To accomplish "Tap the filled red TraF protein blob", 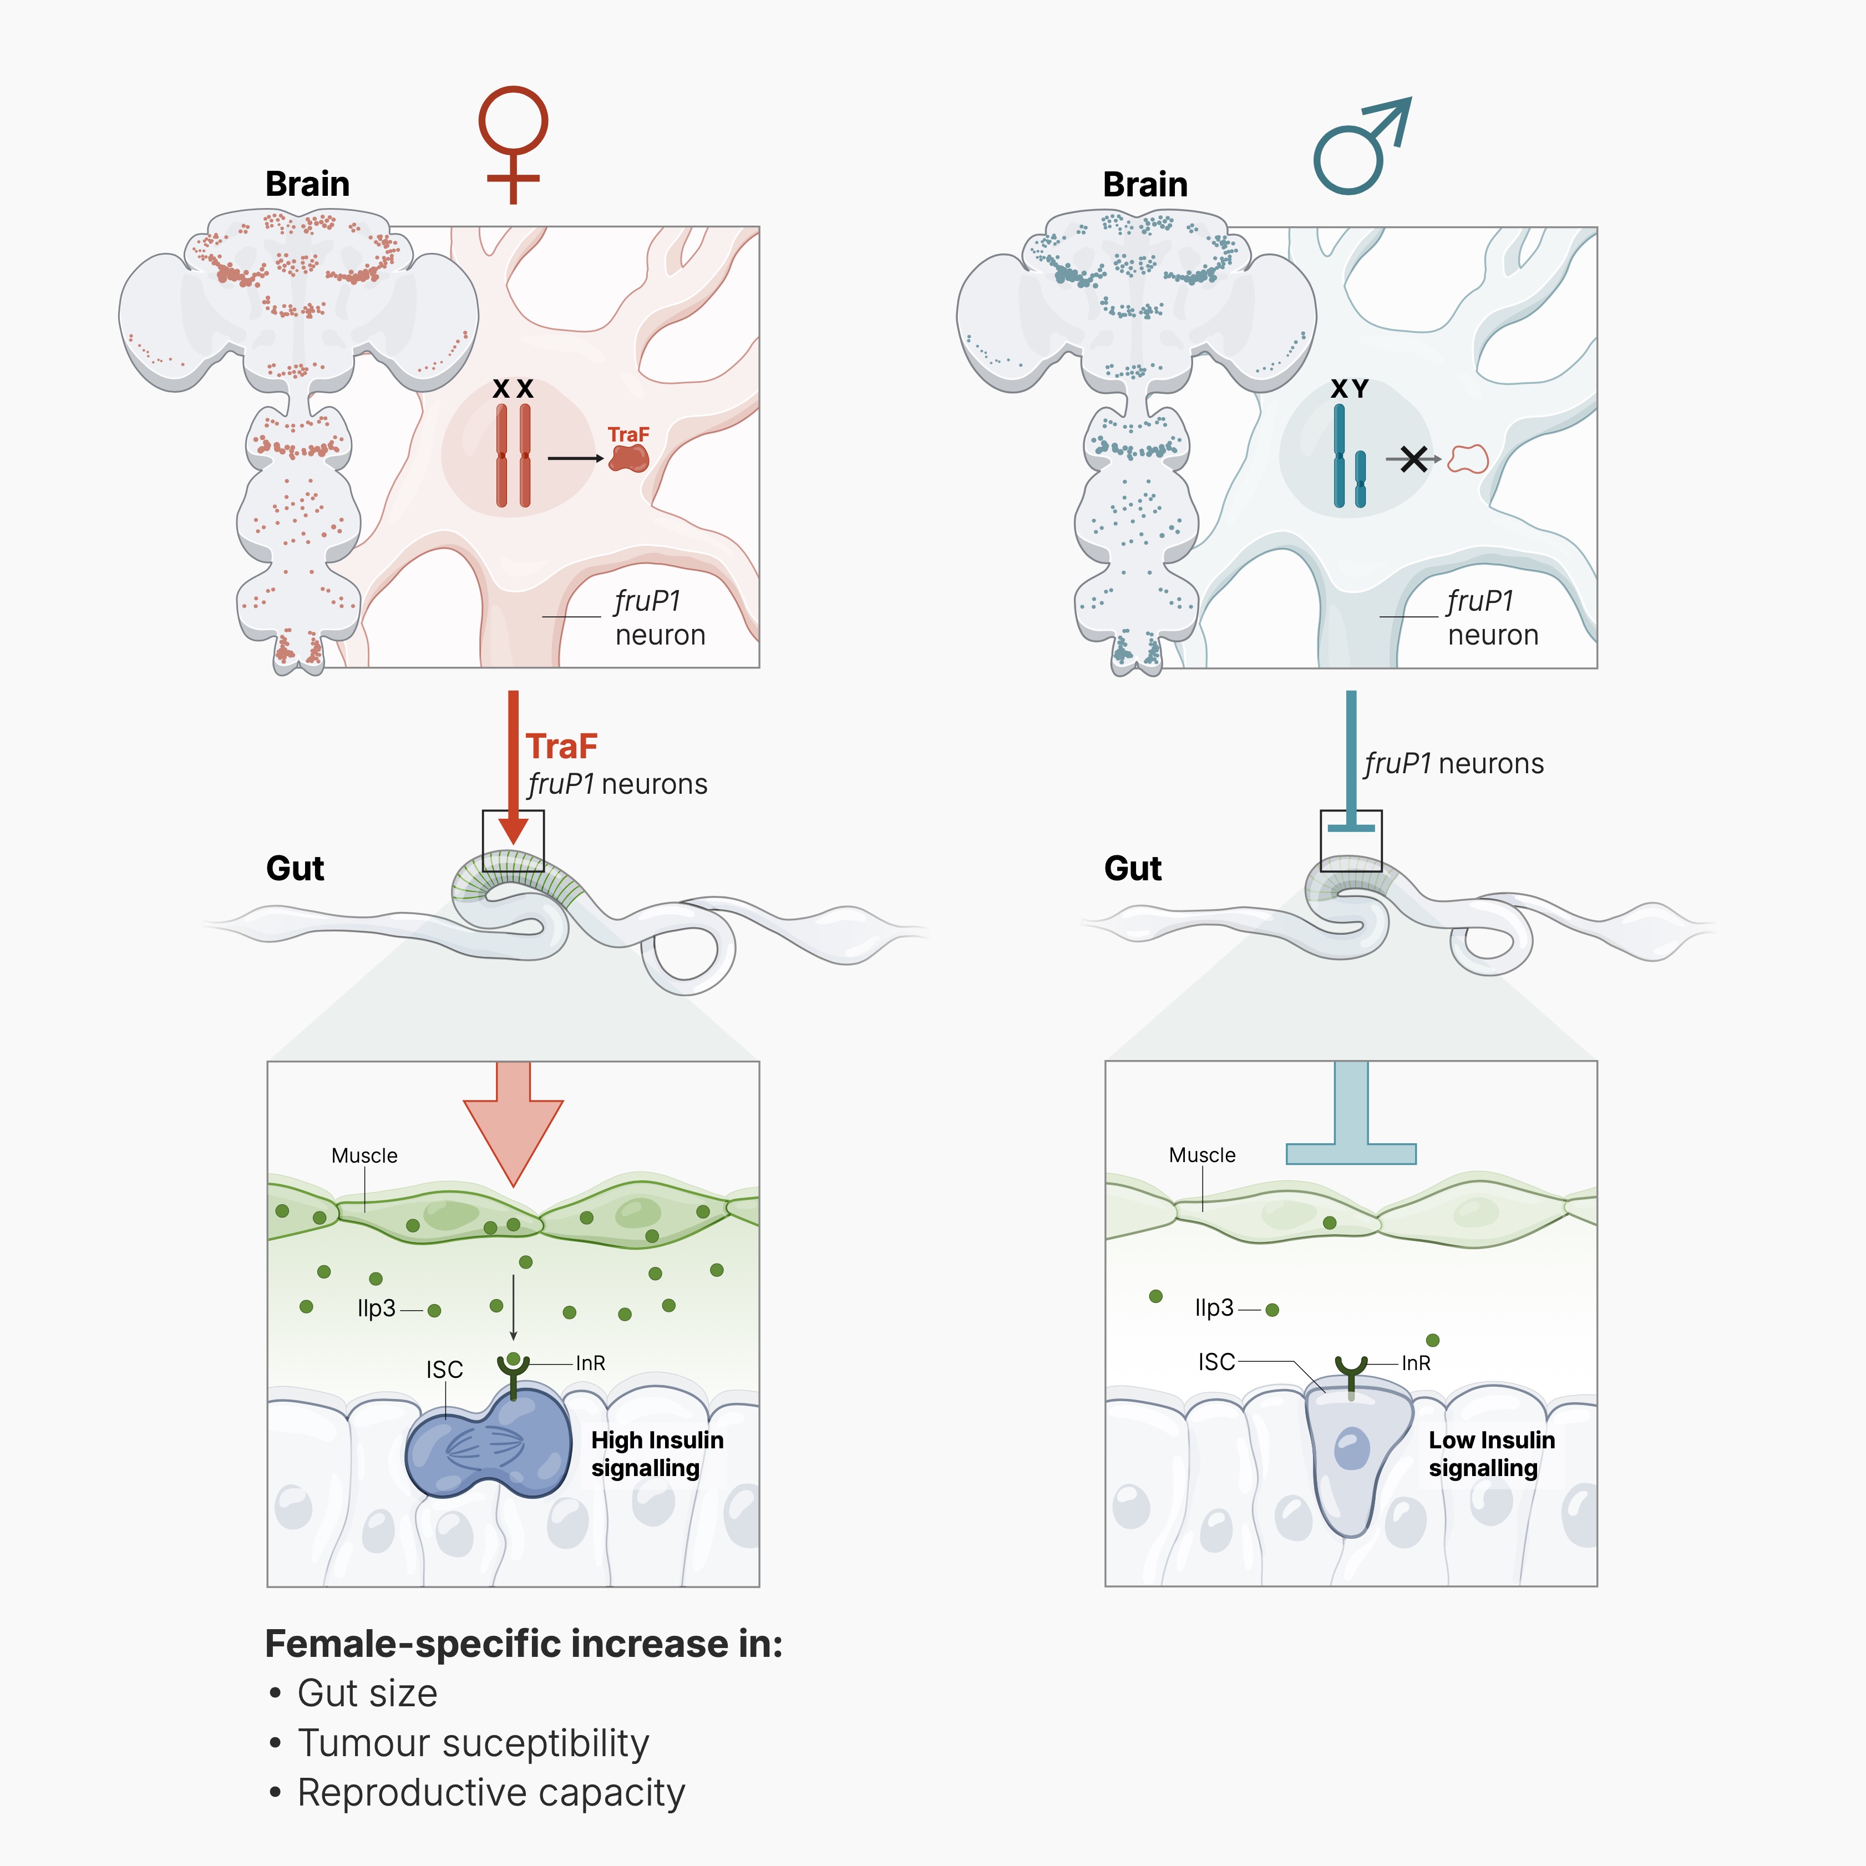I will [x=629, y=457].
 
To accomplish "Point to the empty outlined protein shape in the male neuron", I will [x=1468, y=459].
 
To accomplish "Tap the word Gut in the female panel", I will [x=295, y=868].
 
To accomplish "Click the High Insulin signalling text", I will [x=657, y=1454].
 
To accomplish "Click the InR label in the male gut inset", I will [x=1416, y=1363].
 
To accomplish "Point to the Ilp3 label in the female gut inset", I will [x=376, y=1309].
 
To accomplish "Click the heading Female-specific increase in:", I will [x=524, y=1644].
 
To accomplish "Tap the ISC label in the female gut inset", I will [x=444, y=1370].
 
